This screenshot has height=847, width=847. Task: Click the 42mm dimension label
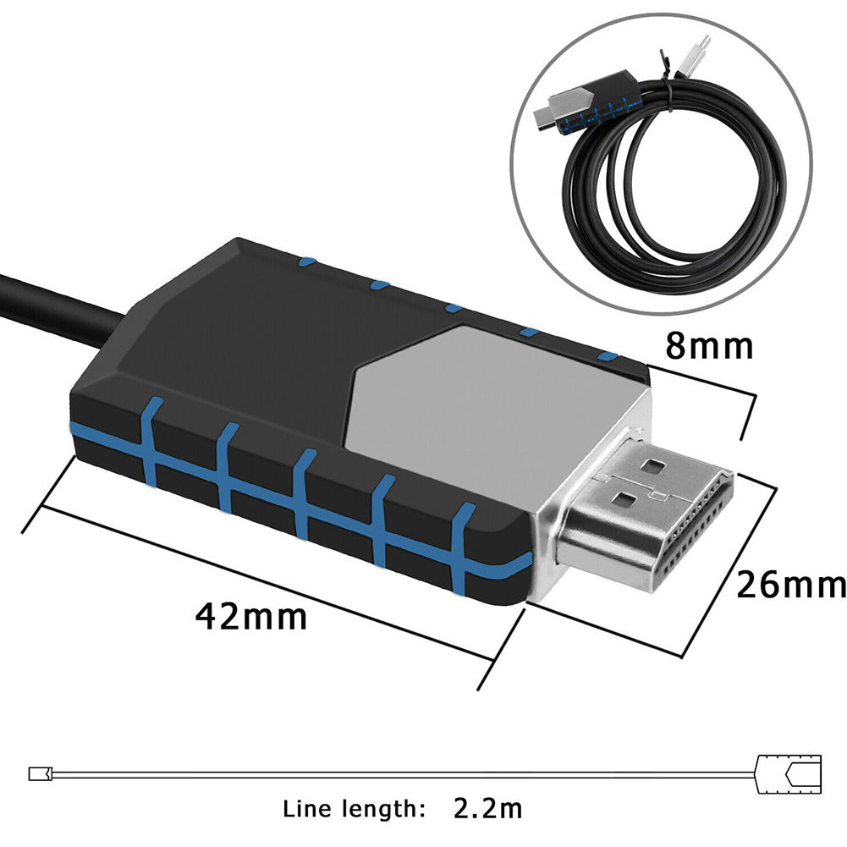pyautogui.click(x=251, y=617)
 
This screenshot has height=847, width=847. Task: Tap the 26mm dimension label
pyautogui.click(x=791, y=585)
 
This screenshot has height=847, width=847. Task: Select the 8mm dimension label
pyautogui.click(x=709, y=347)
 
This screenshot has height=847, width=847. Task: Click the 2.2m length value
pyautogui.click(x=488, y=808)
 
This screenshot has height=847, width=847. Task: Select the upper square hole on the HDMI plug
pyautogui.click(x=654, y=465)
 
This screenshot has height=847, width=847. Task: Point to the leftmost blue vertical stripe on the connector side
pyautogui.click(x=151, y=440)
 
